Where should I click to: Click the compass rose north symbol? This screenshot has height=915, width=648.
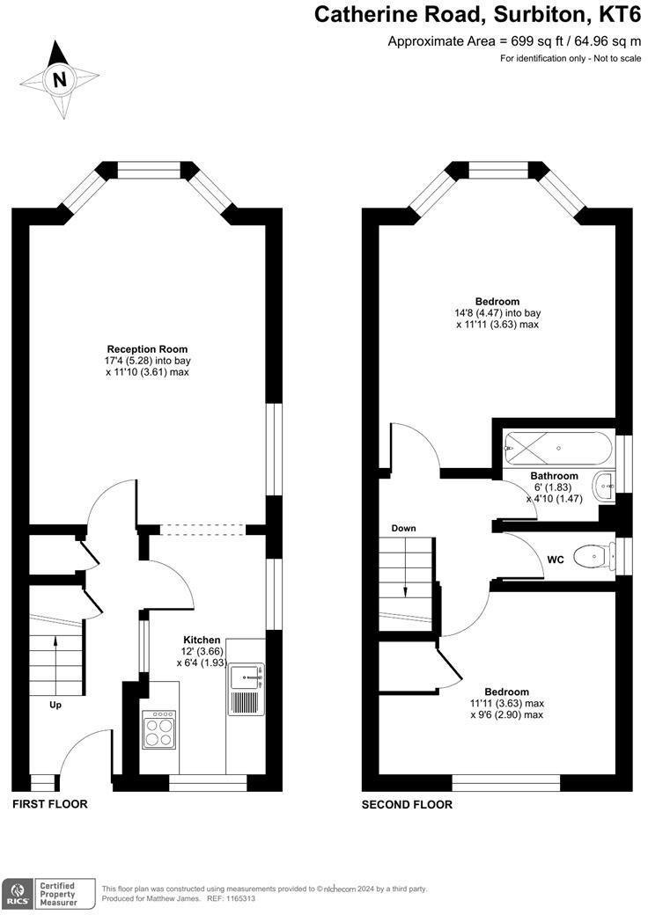pos(60,79)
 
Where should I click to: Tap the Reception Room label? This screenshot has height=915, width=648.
pos(147,349)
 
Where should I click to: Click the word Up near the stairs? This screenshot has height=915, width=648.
pos(55,704)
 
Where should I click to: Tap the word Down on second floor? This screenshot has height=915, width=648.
pos(404,528)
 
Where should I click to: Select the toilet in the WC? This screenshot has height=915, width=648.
pos(591,556)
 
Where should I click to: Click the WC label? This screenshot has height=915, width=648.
pos(555,560)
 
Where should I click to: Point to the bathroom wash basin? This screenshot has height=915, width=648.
pos(606,486)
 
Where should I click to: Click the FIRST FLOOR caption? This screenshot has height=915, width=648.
pos(50,804)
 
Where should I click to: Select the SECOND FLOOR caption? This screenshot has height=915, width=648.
pos(408,804)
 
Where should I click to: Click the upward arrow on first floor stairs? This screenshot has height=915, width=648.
pos(56,653)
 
